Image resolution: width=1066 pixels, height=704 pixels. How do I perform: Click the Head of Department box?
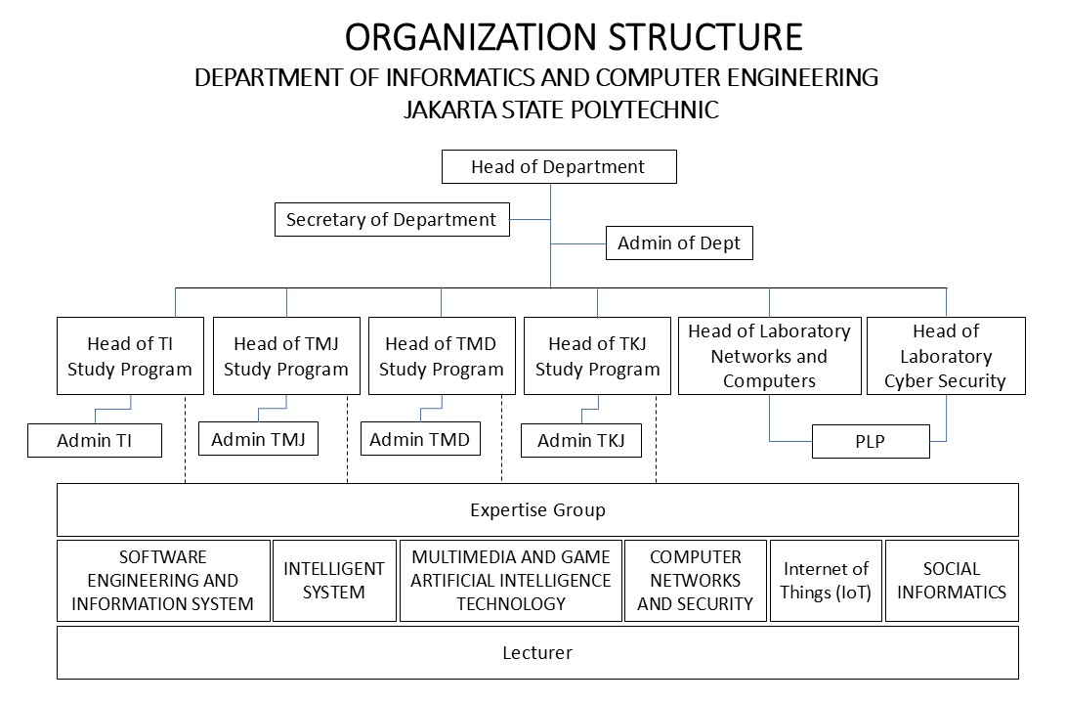point(559,166)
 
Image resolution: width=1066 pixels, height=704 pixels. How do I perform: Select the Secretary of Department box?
point(392,219)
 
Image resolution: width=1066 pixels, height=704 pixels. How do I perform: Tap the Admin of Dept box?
point(679,242)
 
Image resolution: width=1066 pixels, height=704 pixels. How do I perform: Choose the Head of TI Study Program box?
point(130,356)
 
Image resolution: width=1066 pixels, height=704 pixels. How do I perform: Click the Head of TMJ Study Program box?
point(286,356)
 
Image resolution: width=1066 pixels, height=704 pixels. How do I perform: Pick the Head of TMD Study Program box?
point(442,356)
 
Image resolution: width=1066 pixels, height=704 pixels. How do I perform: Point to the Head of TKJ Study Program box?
point(598,356)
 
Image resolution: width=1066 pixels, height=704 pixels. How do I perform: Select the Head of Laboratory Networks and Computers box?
point(770,356)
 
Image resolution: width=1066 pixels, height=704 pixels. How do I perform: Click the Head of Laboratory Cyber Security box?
point(946,356)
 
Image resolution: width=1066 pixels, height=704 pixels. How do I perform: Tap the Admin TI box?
point(95,440)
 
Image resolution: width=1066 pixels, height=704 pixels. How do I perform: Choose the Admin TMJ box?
point(258,439)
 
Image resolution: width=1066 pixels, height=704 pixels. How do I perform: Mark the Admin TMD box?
point(420,439)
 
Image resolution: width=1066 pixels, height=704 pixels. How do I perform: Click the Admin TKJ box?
point(581,440)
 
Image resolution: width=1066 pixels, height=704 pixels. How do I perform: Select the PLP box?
point(871,441)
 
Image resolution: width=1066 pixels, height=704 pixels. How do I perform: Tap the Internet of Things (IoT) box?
point(826,580)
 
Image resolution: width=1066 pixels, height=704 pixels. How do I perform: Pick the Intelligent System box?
point(334,580)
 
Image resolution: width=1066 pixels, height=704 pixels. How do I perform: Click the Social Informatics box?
point(952,580)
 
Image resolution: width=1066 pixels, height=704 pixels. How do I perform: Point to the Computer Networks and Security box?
point(696,580)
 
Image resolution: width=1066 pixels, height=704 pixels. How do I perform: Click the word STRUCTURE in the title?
point(705,37)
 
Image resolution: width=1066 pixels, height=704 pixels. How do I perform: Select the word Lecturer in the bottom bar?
point(537,653)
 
